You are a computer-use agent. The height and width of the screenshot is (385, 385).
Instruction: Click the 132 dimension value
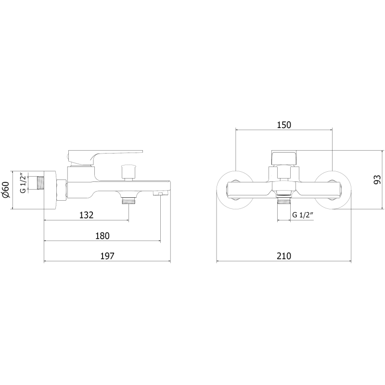click(x=87, y=215)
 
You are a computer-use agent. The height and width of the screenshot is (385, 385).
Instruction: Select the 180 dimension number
click(x=102, y=236)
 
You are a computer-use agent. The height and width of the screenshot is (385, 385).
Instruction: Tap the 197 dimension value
click(x=107, y=256)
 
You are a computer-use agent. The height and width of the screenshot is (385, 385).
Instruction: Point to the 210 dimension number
click(x=284, y=256)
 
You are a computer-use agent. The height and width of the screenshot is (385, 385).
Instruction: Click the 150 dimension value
click(x=284, y=125)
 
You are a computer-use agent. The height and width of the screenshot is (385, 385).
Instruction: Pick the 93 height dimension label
click(x=377, y=180)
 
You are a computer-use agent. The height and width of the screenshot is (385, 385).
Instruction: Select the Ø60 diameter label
click(x=6, y=190)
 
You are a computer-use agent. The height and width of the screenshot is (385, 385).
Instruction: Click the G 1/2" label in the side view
click(x=23, y=183)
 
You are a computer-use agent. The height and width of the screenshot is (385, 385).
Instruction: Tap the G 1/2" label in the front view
click(x=303, y=215)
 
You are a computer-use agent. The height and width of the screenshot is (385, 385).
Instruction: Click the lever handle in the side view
click(x=105, y=157)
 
